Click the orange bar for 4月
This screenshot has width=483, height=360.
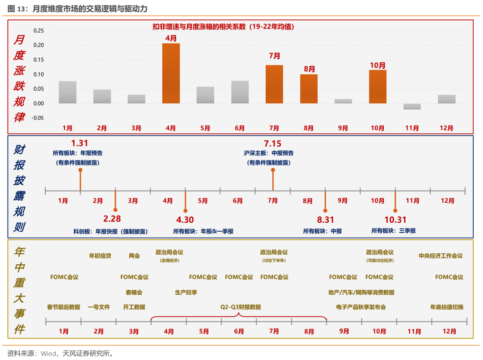[x=171, y=73]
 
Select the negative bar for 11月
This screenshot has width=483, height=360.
[x=412, y=106]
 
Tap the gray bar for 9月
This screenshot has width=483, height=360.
[x=343, y=101]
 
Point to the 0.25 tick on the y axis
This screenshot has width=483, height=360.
[x=39, y=31]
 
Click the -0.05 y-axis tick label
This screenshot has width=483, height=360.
[x=38, y=118]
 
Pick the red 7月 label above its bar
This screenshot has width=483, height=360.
[x=275, y=56]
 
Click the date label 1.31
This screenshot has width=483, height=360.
[x=80, y=143]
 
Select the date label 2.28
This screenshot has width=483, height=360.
[x=112, y=219]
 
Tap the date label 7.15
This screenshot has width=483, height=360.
[x=273, y=143]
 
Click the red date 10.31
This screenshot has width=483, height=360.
[x=395, y=219]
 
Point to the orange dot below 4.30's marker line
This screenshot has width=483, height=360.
[x=186, y=210]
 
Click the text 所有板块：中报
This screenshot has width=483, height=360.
[x=322, y=231]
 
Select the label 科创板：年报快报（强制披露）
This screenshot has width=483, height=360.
[x=110, y=231]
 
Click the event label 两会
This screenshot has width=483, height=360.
[x=134, y=256]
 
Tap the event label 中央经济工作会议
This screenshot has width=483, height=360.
[x=441, y=256]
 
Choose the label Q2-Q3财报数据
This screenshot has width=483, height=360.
[x=240, y=307]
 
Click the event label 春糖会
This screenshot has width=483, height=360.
[x=134, y=292]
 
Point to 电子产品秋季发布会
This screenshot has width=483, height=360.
[x=361, y=307]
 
